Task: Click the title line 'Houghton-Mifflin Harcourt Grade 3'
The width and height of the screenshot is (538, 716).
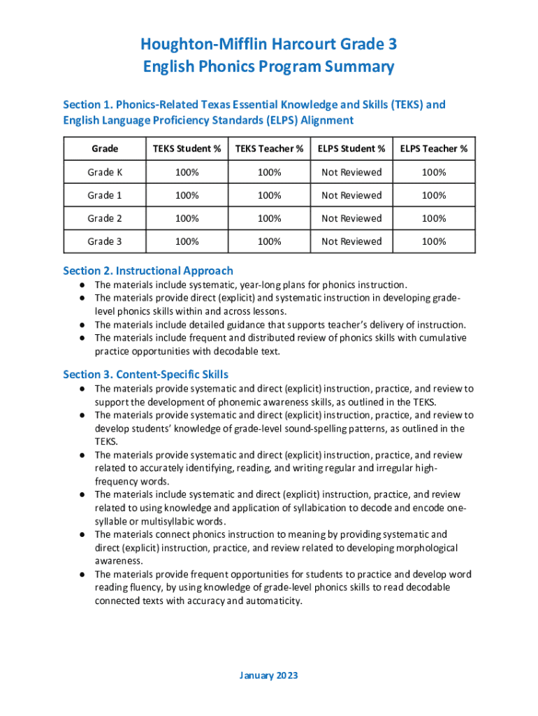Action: click(269, 45)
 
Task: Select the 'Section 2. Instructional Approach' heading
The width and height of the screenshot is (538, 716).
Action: click(148, 271)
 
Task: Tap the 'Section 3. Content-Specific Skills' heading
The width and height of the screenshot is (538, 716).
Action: click(145, 374)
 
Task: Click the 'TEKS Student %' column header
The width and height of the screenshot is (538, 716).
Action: click(187, 149)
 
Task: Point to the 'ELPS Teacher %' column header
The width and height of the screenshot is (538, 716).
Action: click(434, 149)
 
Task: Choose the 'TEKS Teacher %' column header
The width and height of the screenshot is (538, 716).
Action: click(269, 149)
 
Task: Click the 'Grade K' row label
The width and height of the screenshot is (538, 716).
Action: click(105, 172)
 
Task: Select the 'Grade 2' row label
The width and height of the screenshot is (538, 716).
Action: click(105, 218)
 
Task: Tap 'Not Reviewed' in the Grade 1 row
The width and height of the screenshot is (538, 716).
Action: click(351, 195)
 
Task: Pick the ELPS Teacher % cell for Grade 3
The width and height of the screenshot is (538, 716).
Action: click(434, 241)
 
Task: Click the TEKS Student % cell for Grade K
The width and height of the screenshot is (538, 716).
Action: click(187, 172)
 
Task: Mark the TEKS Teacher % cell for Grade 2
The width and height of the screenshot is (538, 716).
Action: click(269, 218)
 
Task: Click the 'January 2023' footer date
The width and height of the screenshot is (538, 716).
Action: click(269, 675)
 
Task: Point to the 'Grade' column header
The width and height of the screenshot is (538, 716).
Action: click(105, 149)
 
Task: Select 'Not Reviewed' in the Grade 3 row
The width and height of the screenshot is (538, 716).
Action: click(351, 241)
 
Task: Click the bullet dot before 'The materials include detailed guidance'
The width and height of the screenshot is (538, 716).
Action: click(82, 325)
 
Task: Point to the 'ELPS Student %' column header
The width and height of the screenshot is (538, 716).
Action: click(351, 149)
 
